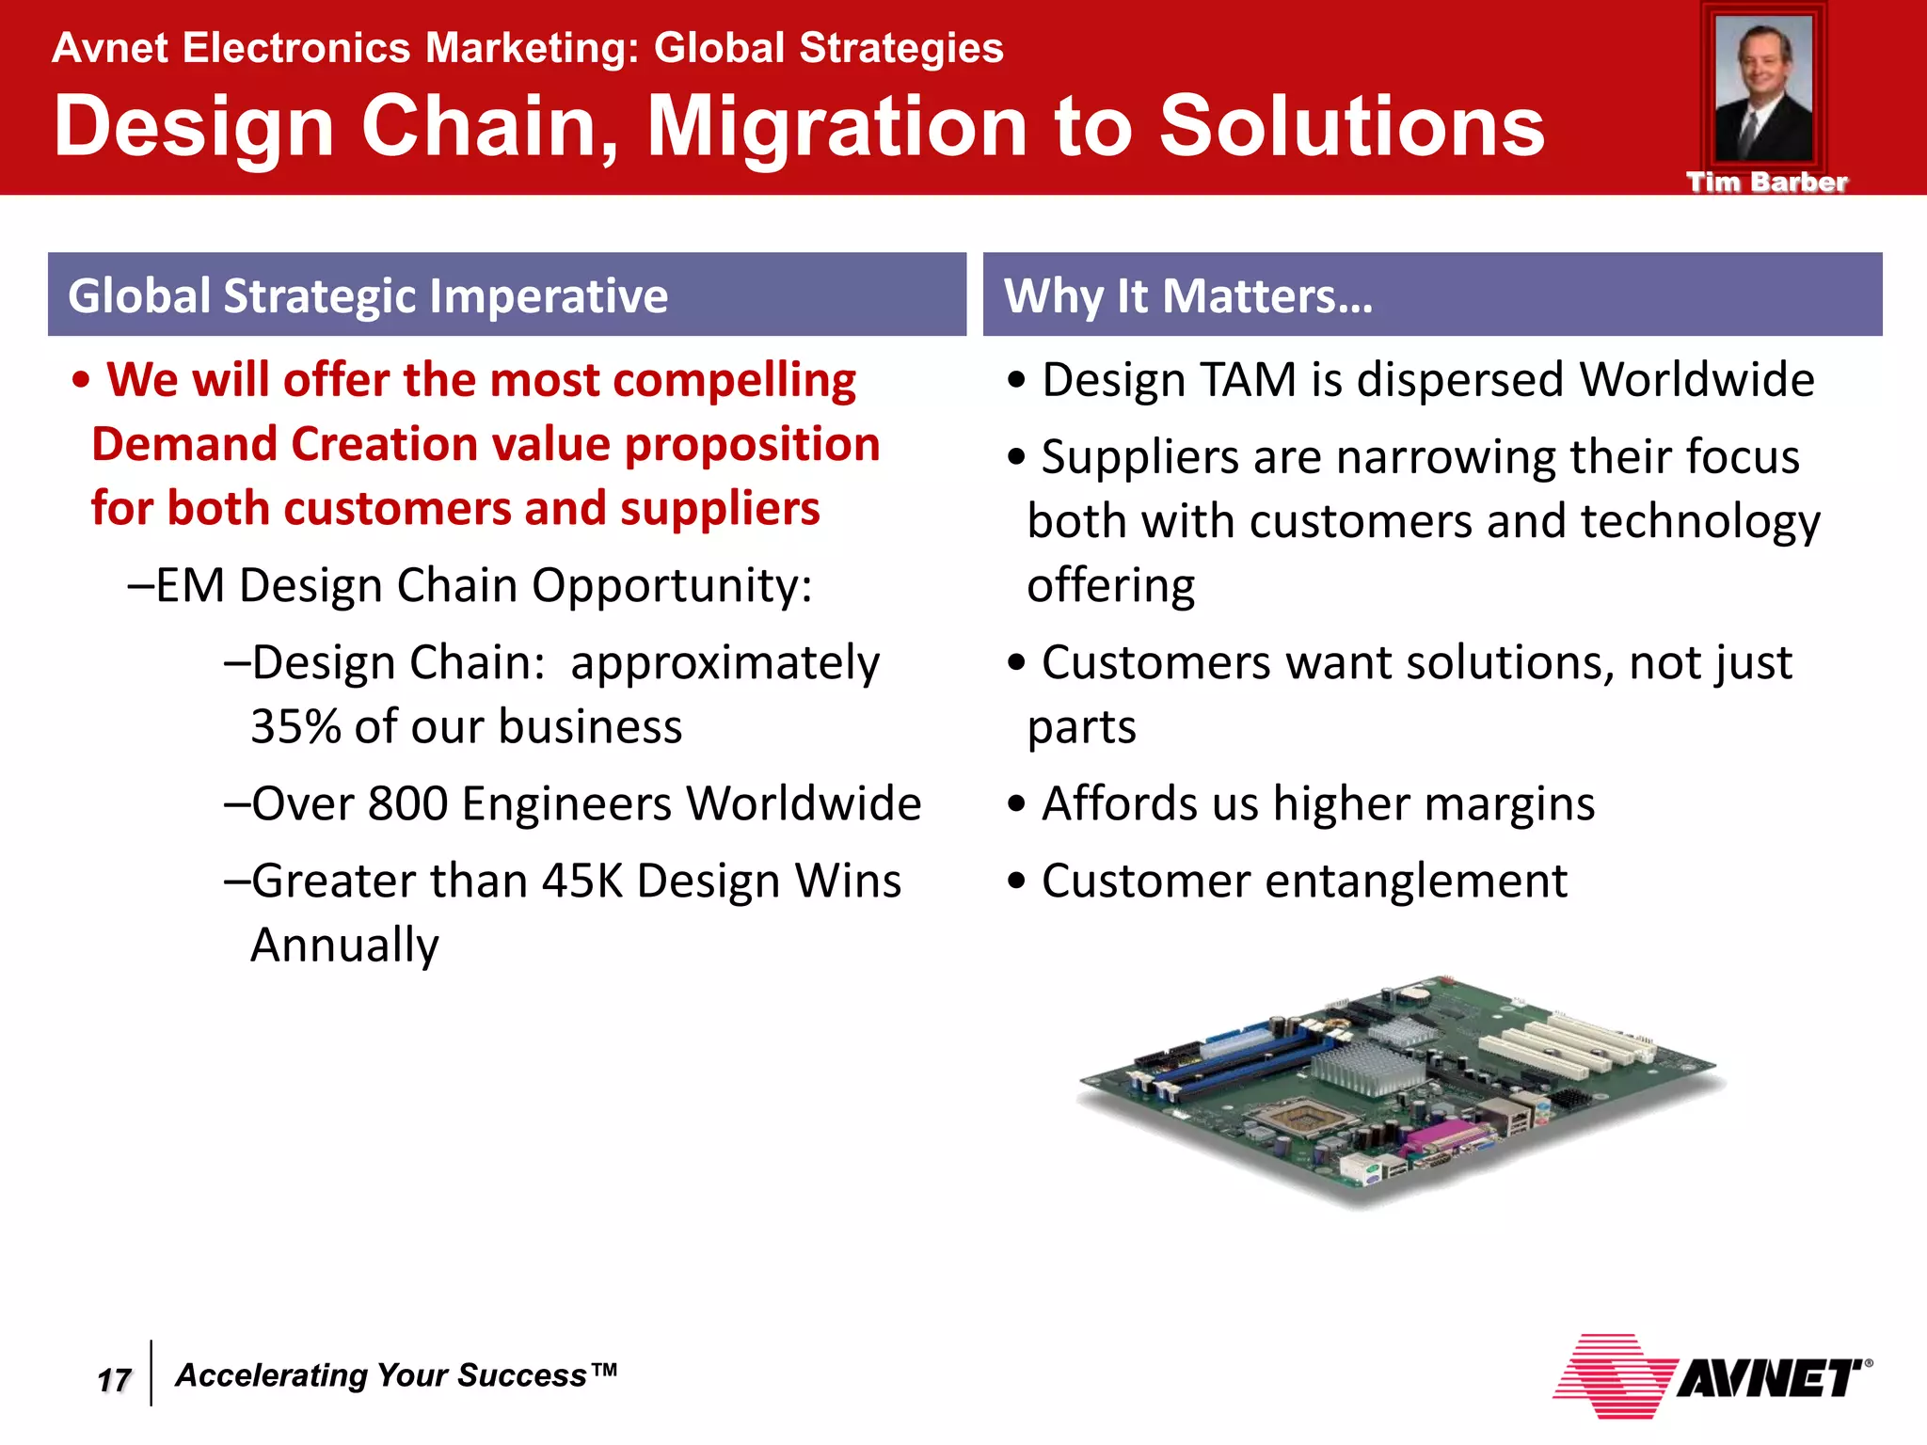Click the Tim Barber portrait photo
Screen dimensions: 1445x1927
coord(1763,89)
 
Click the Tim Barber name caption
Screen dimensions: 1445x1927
coord(1766,183)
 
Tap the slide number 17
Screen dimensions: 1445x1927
coord(114,1380)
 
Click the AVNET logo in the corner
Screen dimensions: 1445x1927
coord(1712,1377)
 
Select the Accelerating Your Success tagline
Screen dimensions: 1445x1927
coord(396,1375)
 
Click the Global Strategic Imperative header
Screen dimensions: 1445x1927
coord(368,295)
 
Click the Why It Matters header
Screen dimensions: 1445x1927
coord(1188,295)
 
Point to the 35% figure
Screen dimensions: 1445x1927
coord(295,727)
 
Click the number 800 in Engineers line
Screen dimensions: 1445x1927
coord(407,804)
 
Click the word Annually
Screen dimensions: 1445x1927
coord(344,945)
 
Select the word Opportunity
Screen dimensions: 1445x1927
coord(671,586)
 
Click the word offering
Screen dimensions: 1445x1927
coord(1110,586)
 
